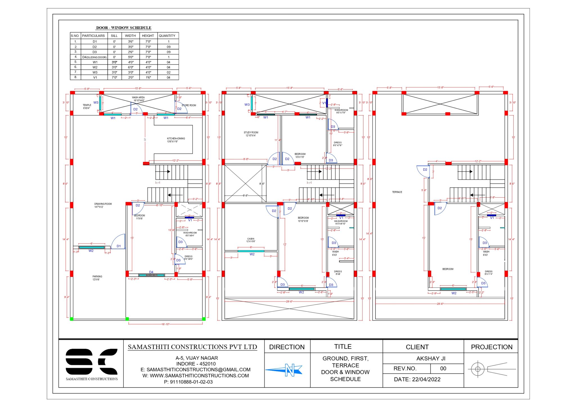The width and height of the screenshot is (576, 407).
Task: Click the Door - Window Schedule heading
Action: [123, 28]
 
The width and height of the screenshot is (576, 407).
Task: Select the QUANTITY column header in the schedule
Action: [167, 36]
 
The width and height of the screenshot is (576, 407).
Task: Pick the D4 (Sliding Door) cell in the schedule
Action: [94, 57]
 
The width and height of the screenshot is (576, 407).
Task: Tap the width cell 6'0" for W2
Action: [130, 67]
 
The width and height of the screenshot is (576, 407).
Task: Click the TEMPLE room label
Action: [87, 106]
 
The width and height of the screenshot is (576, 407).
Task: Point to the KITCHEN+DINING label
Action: [176, 140]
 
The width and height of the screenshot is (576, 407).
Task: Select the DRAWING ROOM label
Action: [103, 205]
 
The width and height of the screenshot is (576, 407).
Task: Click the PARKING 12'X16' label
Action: [97, 278]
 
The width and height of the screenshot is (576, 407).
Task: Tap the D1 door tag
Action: [119, 246]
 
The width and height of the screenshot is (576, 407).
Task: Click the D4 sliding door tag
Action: [151, 272]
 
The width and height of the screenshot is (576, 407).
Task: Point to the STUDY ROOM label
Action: [251, 134]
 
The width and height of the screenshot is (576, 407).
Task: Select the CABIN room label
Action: [251, 240]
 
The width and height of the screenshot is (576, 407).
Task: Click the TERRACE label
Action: [397, 192]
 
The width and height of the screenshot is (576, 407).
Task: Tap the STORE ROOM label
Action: [189, 105]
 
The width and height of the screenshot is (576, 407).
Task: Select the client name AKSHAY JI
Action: [431, 358]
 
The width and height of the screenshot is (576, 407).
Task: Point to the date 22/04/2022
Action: [417, 379]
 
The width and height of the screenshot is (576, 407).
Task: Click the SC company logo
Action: [91, 361]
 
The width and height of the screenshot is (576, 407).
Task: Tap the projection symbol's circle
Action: [478, 369]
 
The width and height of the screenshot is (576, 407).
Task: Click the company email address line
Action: [195, 369]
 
